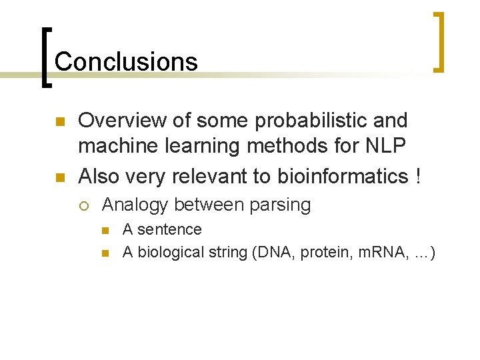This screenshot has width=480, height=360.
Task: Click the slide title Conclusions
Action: (x=126, y=61)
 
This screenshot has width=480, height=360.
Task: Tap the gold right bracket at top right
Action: (x=439, y=41)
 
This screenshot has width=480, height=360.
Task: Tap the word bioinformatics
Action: (x=338, y=176)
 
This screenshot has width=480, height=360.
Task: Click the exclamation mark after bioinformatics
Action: (x=417, y=176)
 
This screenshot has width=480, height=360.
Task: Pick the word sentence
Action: (x=169, y=230)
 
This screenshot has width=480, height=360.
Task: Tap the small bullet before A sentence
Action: (x=105, y=231)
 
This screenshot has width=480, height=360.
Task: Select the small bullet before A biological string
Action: (x=105, y=254)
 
